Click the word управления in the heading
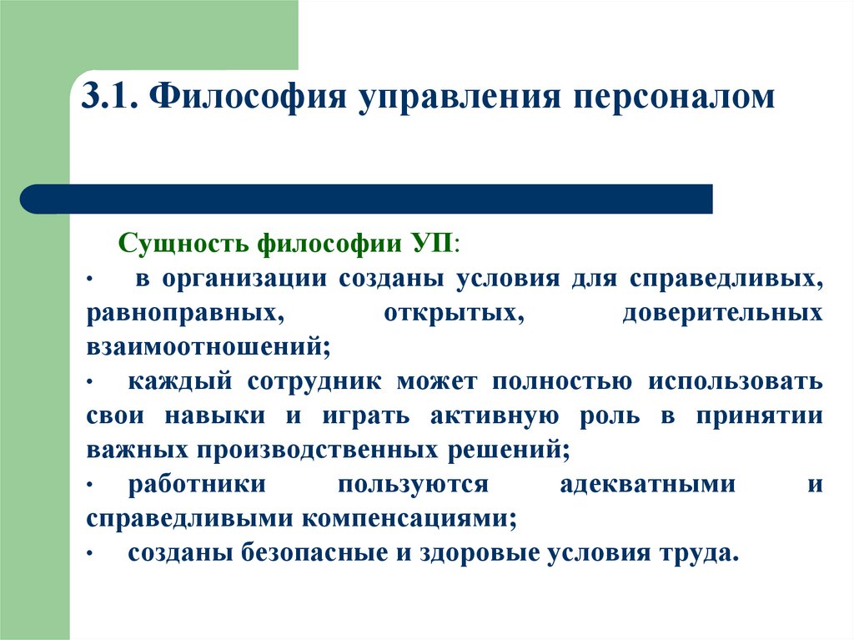445,98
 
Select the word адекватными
648,484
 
